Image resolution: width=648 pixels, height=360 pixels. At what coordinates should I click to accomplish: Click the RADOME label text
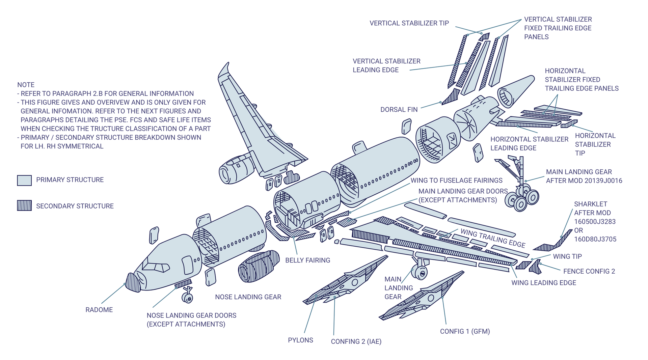pos(99,310)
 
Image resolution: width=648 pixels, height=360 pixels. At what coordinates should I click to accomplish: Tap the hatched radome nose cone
pos(133,282)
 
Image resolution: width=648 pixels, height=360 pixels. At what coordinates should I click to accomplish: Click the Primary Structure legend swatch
pos(24,180)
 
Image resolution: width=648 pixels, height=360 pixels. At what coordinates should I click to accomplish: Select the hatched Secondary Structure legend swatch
pos(24,205)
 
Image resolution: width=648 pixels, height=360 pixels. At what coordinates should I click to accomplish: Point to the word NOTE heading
pos(26,85)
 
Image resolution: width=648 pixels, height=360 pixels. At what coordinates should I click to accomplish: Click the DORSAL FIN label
pos(399,110)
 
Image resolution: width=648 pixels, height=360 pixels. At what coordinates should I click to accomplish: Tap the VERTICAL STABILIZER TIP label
pos(409,23)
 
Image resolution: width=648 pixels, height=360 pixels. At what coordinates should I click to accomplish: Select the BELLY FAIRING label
pos(307,260)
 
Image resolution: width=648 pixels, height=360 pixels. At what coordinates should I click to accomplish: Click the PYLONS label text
pos(300,340)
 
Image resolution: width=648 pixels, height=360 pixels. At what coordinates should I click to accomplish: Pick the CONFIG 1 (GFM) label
pos(465,331)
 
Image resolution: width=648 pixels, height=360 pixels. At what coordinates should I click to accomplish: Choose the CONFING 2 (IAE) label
pos(356,341)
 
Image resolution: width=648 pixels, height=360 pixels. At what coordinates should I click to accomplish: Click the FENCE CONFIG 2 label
pos(589,271)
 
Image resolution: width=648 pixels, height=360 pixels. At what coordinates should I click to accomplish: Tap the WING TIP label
pos(567,256)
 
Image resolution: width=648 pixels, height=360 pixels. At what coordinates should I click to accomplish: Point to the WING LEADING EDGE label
pos(543,283)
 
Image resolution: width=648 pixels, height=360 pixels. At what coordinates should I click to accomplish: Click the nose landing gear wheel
pos(187,298)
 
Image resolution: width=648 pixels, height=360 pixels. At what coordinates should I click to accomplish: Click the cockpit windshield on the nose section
pos(156,266)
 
